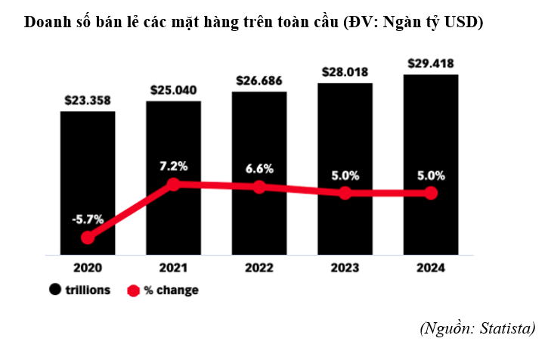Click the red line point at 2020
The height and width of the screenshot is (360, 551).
88,237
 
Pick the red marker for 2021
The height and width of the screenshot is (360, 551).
174,184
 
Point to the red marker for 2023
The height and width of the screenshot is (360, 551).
345,193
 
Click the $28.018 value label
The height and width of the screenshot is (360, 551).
345,72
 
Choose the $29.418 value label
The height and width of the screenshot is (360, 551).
431,63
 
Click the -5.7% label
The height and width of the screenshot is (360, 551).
88,219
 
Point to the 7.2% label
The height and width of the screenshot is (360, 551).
174,166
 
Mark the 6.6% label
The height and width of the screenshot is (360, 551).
259,169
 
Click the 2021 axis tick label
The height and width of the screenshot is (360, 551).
174,268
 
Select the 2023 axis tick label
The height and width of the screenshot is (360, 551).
345,268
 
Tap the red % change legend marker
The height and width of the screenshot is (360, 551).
134,290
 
